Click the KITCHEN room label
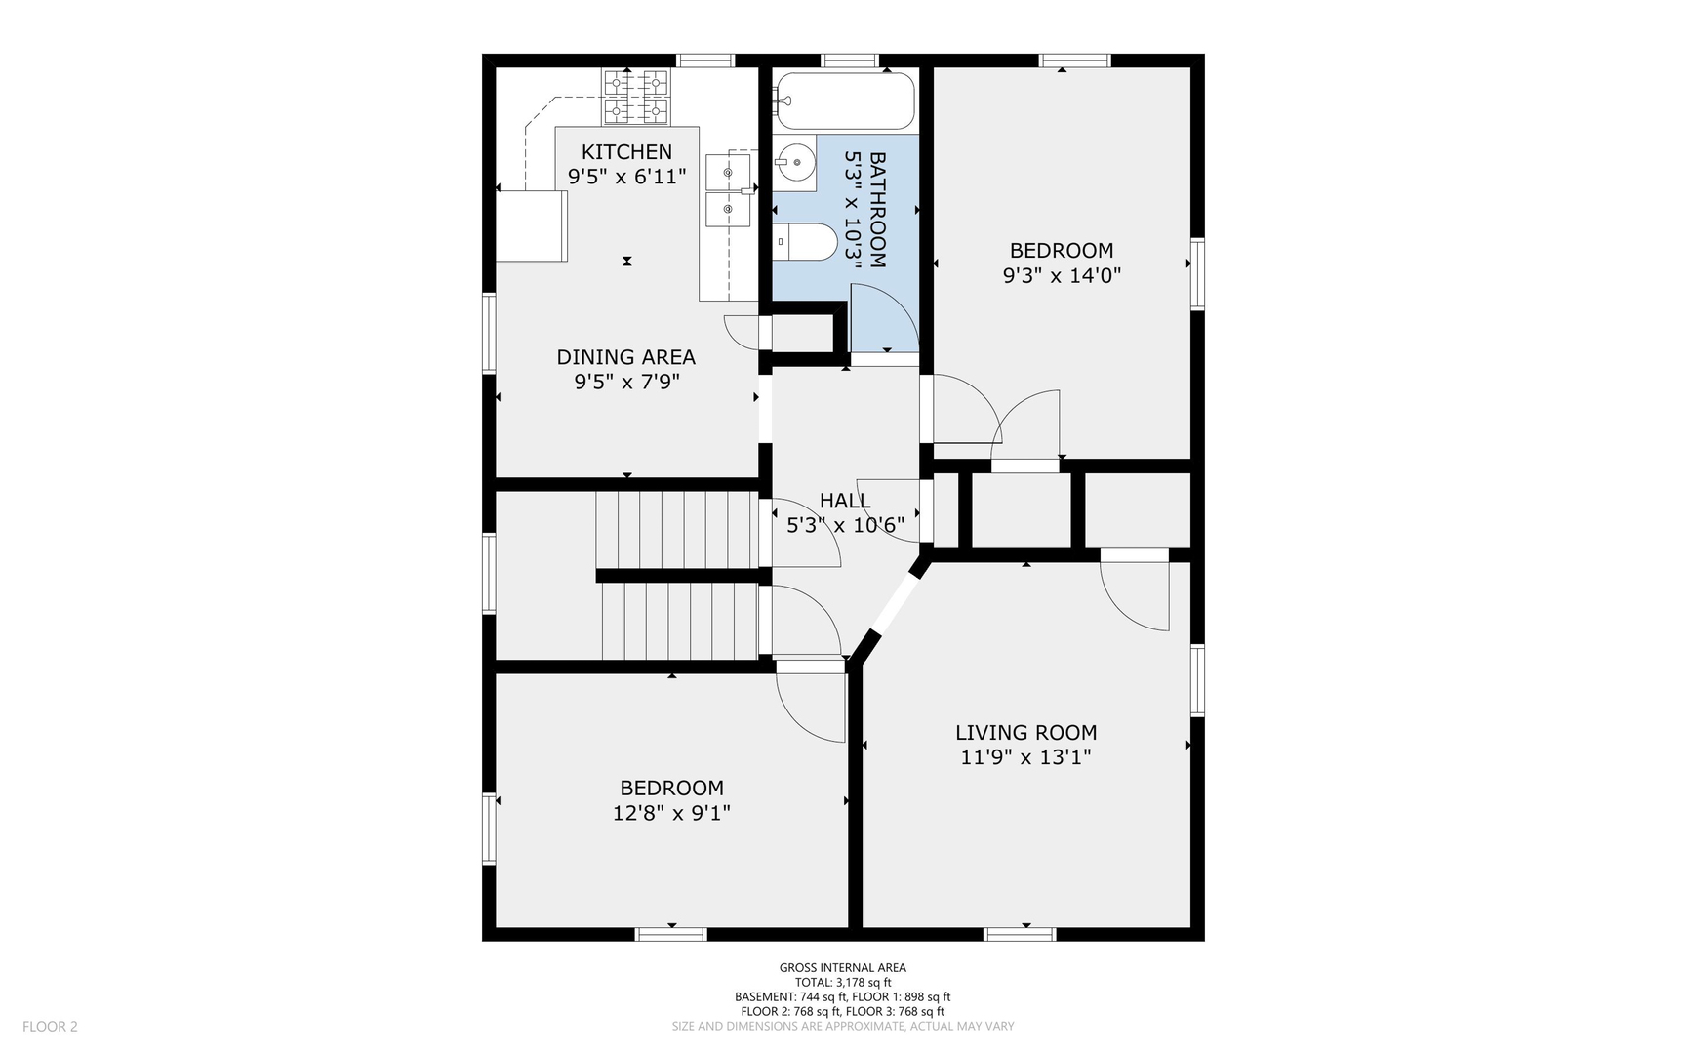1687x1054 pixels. (626, 151)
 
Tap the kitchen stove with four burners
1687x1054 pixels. (636, 98)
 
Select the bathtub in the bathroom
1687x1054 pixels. (845, 101)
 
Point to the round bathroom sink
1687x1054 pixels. (795, 162)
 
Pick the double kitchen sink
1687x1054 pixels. (728, 189)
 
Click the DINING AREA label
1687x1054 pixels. (625, 357)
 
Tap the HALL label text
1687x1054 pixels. (845, 501)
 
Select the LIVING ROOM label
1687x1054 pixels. (1025, 733)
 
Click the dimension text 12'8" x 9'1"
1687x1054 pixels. (671, 813)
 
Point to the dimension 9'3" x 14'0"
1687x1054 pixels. (1062, 276)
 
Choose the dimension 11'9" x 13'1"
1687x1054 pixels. (1025, 757)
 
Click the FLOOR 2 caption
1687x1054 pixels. (50, 1026)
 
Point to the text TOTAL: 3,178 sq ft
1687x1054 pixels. (843, 983)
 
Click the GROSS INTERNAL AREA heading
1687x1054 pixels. (843, 968)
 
